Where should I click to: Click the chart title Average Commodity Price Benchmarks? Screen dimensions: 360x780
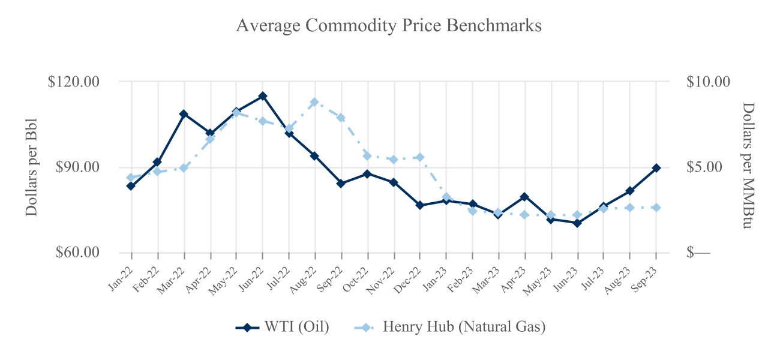[389, 26]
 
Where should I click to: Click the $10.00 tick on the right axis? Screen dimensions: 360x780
[708, 81]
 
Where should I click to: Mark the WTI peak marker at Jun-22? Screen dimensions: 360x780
[263, 96]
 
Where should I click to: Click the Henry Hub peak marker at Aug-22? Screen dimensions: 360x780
[314, 103]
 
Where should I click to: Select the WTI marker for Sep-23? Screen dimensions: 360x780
[656, 168]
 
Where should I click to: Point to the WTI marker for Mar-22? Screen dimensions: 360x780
[184, 114]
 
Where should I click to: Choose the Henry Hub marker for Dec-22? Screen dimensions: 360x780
[420, 157]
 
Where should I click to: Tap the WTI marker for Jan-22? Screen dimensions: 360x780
[131, 186]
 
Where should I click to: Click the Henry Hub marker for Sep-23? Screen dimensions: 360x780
[656, 208]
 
